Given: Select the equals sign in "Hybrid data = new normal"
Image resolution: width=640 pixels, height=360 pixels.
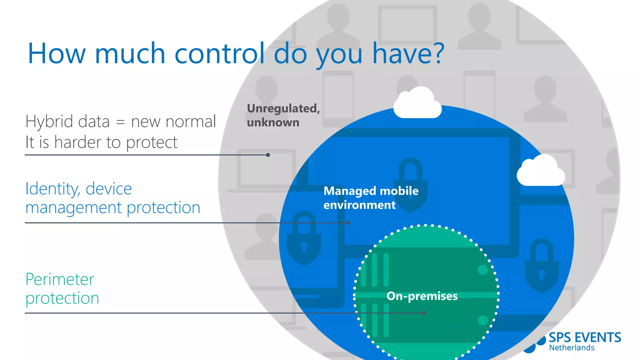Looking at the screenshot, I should (x=120, y=122).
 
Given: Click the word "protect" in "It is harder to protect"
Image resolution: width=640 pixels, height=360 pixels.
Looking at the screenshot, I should (x=152, y=143).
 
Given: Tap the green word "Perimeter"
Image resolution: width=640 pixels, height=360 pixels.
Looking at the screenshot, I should (x=60, y=279).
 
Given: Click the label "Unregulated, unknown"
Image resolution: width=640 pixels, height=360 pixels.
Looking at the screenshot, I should (x=283, y=115).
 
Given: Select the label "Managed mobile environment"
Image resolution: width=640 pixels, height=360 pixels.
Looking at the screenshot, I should (x=371, y=198).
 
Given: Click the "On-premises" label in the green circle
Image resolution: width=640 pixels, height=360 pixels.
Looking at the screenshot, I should (x=422, y=296).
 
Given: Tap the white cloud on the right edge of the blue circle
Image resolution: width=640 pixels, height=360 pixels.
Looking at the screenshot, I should (x=541, y=171).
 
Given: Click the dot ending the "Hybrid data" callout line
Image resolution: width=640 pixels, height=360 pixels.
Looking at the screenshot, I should (x=268, y=155).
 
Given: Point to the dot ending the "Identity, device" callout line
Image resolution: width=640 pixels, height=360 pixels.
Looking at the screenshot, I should (x=348, y=223).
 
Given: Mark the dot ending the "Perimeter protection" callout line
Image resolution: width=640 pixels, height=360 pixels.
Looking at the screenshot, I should (x=424, y=313).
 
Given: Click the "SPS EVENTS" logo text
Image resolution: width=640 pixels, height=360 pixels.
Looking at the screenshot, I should (x=585, y=338).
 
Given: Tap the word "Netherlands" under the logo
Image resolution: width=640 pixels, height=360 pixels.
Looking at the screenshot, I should (x=572, y=348).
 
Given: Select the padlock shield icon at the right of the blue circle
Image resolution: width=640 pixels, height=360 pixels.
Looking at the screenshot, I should (x=542, y=266).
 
